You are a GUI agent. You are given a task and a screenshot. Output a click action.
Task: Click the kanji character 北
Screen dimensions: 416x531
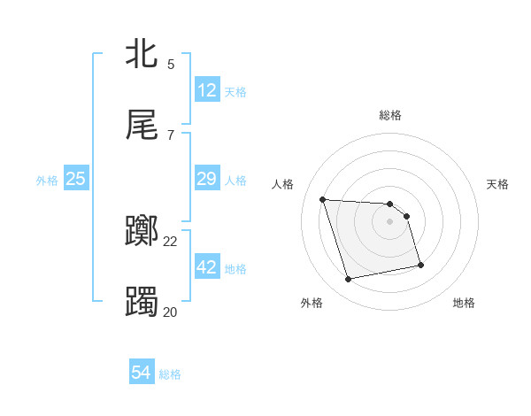[142, 54]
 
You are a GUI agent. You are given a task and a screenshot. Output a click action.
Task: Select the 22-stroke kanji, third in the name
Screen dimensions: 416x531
[142, 232]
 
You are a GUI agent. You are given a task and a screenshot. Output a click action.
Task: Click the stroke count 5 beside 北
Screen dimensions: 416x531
[171, 65]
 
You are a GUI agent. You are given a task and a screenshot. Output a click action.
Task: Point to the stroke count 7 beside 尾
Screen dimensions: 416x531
[171, 135]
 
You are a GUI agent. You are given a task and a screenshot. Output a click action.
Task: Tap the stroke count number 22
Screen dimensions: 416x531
[171, 241]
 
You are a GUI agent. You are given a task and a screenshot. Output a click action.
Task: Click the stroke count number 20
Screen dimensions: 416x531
[171, 312]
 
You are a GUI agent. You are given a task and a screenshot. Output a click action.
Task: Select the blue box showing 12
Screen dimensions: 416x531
[207, 90]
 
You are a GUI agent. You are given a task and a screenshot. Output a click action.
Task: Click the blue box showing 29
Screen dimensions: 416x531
[207, 179]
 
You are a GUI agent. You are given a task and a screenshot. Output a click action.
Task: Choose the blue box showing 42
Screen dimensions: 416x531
[207, 267]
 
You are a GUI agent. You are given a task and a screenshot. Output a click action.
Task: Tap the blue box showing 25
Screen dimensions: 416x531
[76, 179]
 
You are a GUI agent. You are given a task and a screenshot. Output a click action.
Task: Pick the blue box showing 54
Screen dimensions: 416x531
[142, 373]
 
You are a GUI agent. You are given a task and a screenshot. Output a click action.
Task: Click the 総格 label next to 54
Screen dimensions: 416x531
[170, 374]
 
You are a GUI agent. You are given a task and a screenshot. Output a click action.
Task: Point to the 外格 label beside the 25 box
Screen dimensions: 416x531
[47, 181]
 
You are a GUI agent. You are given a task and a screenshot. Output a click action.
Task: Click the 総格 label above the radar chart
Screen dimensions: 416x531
[390, 115]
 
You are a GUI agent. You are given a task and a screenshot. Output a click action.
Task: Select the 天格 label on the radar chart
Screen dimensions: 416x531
[498, 184]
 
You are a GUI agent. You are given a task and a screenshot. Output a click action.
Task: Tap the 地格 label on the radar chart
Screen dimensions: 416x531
[464, 303]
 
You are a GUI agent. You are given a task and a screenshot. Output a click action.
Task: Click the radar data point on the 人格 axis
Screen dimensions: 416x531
[322, 199]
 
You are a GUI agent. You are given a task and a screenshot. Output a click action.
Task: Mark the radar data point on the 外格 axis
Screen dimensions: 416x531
[349, 280]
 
